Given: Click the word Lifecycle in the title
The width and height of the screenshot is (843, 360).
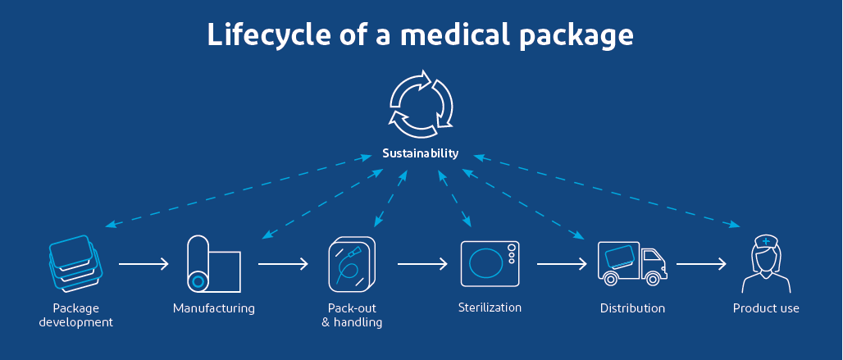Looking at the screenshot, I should [261, 36].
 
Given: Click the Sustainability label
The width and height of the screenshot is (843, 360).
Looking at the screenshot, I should [421, 153].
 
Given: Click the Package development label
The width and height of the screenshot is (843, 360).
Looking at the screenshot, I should [75, 316].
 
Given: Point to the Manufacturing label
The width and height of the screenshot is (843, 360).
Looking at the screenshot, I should [213, 309].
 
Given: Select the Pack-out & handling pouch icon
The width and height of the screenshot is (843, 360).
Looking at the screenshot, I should [352, 264].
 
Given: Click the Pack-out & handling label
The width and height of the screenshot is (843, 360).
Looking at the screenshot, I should [352, 316].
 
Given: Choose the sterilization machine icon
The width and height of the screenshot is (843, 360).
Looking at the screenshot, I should [490, 263].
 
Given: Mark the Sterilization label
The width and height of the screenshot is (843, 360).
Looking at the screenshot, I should [490, 308].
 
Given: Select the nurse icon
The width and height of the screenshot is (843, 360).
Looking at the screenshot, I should [766, 264].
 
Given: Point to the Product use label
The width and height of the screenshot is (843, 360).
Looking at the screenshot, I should [766, 309].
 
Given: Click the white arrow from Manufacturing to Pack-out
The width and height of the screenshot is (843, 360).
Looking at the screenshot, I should [283, 264].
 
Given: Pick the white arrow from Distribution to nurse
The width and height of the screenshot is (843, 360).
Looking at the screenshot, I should [701, 264].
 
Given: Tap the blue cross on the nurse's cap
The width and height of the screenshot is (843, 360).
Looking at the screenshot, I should [767, 241].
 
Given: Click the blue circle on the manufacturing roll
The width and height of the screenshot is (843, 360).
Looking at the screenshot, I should [198, 281].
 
